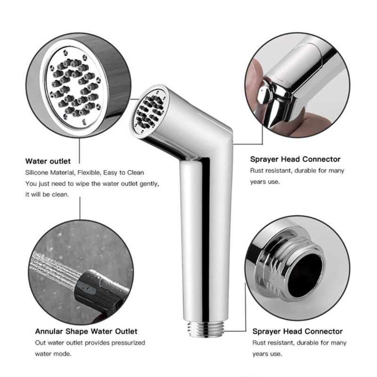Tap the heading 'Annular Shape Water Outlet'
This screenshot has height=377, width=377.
[x=86, y=331]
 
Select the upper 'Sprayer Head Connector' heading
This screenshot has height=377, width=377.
[x=295, y=159]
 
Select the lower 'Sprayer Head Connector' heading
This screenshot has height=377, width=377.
[x=297, y=332]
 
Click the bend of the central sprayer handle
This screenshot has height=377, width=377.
[x=214, y=141]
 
